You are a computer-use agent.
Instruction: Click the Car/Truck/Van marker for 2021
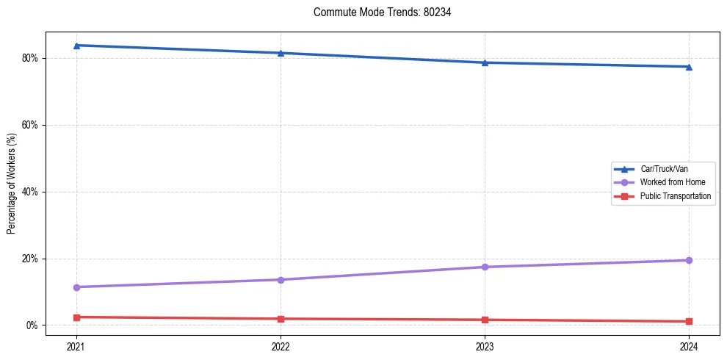point(76,46)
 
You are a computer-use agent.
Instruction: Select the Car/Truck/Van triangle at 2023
point(485,62)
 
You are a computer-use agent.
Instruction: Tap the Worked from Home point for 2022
point(281,280)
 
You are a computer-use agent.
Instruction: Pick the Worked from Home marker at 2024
point(689,260)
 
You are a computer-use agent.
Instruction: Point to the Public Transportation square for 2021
point(76,317)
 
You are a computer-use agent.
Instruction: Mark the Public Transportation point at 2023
point(485,320)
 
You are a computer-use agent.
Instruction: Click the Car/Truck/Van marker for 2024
point(689,67)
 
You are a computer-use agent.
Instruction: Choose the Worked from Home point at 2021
point(76,287)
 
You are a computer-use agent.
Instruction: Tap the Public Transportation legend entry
point(675,196)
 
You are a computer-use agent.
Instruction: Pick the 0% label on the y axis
point(32,325)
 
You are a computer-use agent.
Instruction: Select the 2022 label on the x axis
point(281,345)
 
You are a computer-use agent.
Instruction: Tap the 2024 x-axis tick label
point(689,345)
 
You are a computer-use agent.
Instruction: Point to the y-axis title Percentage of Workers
point(12,184)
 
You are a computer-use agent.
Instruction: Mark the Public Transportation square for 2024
point(689,321)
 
